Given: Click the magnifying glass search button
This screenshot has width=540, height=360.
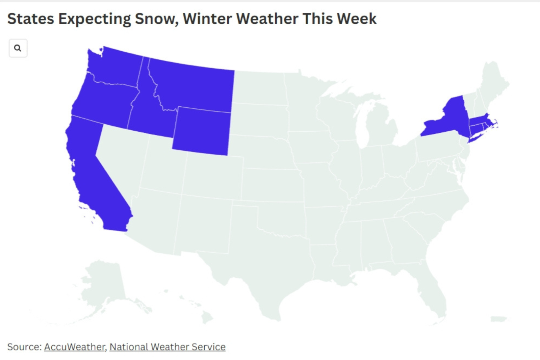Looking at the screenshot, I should coord(18,48).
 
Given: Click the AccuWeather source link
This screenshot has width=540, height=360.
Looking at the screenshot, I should coord(74,347).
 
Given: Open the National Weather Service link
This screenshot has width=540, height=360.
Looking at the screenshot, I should coord(167,347).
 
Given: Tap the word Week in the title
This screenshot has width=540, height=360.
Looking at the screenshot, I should coord(357,19).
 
